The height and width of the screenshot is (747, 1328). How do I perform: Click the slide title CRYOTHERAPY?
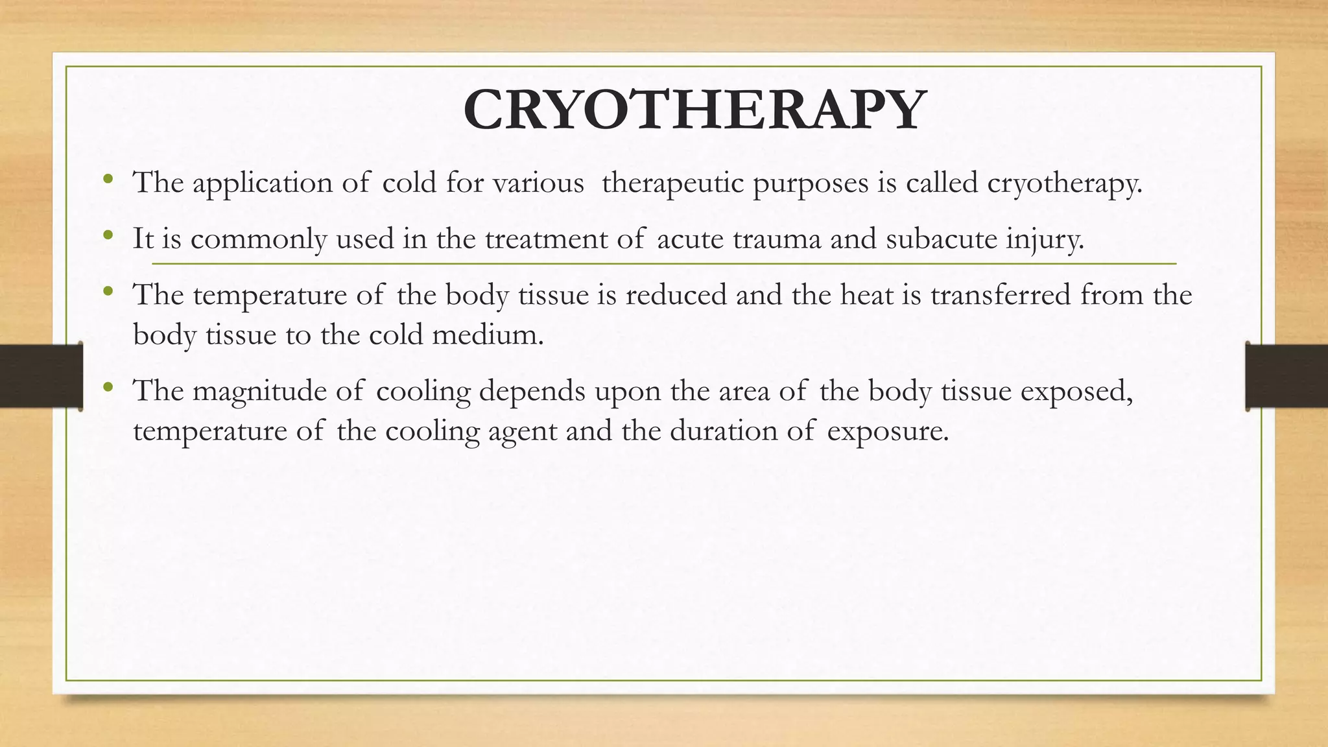coord(694,110)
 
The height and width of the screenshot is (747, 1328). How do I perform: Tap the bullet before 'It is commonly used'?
coord(108,234)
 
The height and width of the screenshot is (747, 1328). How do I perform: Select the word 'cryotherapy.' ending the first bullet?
coord(1064,184)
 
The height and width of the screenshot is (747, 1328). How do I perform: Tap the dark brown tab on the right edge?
coord(1287,376)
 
